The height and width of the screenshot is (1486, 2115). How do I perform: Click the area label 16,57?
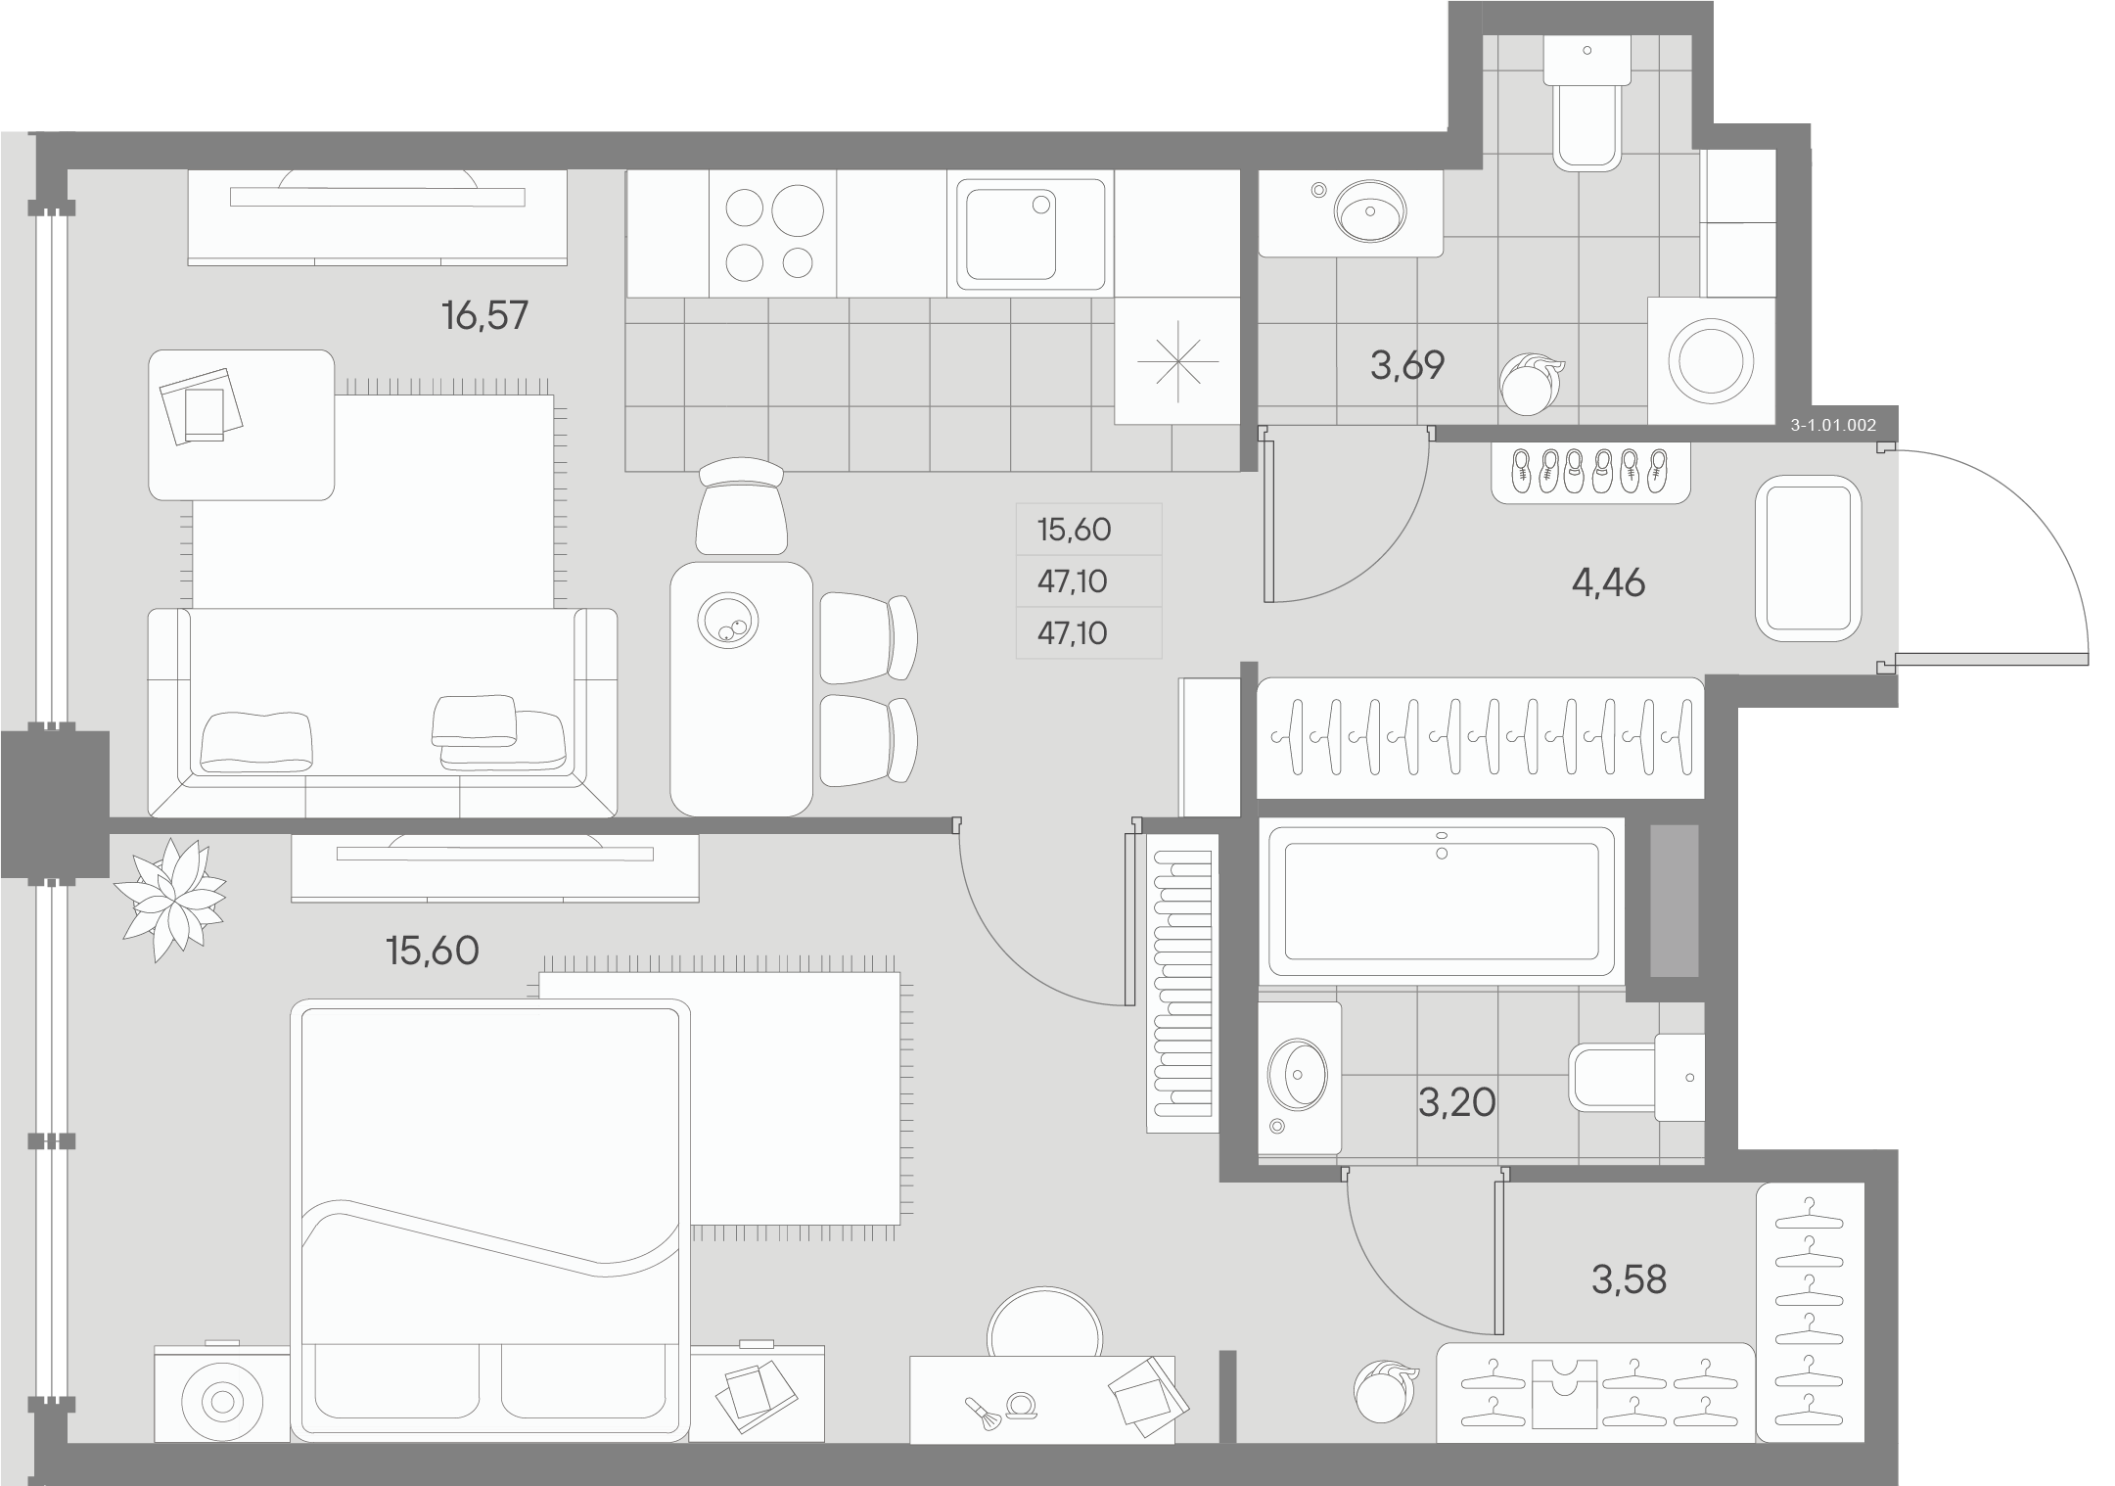click(484, 316)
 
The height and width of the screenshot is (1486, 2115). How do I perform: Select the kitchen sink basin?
click(1011, 235)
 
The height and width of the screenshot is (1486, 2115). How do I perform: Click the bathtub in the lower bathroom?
click(1441, 902)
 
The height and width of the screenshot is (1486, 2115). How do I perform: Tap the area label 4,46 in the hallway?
click(1608, 583)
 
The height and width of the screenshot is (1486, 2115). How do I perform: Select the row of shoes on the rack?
click(1589, 472)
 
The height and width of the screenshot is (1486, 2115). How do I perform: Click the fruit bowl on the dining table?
click(726, 619)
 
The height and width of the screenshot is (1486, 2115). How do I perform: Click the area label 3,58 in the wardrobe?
click(1629, 1279)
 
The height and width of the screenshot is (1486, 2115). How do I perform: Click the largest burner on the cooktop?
click(797, 211)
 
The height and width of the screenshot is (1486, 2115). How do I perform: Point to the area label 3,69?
click(1406, 365)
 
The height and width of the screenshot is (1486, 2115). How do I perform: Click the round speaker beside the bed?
click(222, 1402)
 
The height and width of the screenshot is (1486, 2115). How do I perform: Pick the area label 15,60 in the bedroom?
click(433, 951)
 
